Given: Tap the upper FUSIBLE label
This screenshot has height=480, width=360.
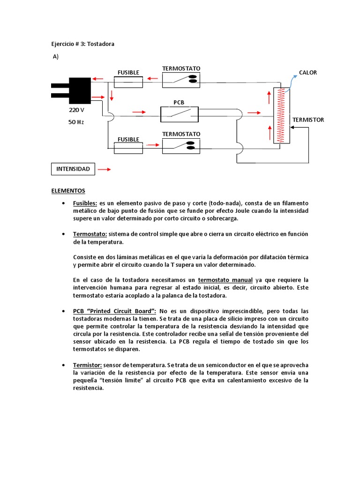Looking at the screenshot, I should pos(128,73).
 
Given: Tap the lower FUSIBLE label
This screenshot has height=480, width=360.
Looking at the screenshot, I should pos(128,139).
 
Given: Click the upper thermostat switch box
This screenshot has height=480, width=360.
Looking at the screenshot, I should pos(181,80).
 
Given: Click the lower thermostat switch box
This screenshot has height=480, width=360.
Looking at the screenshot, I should pos(181,146).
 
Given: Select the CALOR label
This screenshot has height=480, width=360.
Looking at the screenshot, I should pos(308,73).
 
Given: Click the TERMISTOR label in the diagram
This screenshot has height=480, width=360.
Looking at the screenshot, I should pos(308,120).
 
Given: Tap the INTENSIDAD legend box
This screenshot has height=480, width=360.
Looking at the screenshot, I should pos(73,169).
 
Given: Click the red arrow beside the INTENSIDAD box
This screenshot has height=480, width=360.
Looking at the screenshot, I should pos(104,169).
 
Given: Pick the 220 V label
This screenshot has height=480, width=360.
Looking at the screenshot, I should pos(76,110).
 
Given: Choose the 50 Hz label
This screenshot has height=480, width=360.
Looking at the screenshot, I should pos(76,122).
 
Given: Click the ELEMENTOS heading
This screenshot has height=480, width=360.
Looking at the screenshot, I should pos(68,191).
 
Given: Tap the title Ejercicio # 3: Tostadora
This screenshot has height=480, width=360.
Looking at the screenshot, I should pos(82,44).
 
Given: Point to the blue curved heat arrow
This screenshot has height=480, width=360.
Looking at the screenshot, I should pos(292,81).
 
